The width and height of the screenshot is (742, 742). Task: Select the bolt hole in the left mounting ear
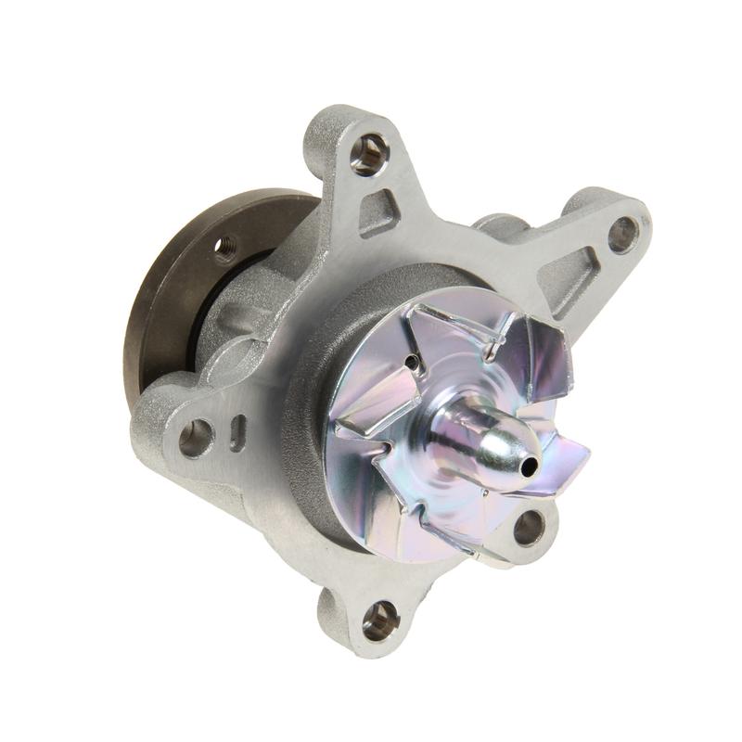(196, 437)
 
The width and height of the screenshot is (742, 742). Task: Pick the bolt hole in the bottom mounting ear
(380, 619)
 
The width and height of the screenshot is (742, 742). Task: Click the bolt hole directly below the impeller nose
(530, 528)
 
